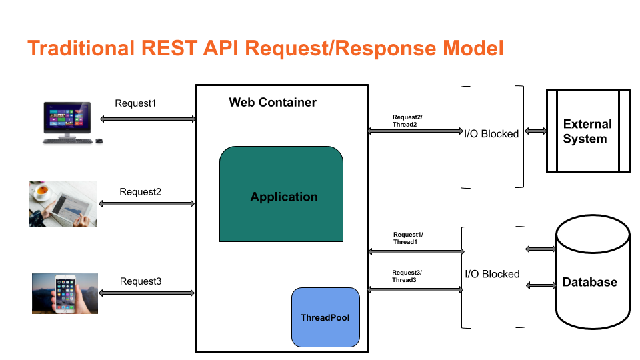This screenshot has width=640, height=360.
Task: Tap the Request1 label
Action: [x=135, y=103]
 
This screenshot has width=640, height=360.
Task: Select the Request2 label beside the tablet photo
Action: [x=140, y=192]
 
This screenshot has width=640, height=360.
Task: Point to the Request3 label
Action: [x=141, y=281]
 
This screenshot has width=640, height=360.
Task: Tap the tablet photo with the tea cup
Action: [x=63, y=203]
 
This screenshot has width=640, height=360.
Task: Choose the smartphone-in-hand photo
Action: [x=65, y=293]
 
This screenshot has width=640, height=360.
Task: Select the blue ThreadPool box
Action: [x=325, y=317]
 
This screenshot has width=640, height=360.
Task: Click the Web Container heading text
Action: [x=273, y=102]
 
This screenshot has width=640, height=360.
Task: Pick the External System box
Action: [x=587, y=131]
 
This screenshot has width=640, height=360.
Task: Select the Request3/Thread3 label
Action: [x=407, y=276]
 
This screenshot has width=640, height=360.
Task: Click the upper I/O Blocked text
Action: [x=491, y=134]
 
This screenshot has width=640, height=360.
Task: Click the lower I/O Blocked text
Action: [x=492, y=274]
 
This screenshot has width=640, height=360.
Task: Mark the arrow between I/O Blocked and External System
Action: [x=535, y=131]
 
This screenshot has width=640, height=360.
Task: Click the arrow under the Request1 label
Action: [x=147, y=119]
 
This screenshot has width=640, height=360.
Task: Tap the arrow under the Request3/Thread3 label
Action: [x=415, y=289]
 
